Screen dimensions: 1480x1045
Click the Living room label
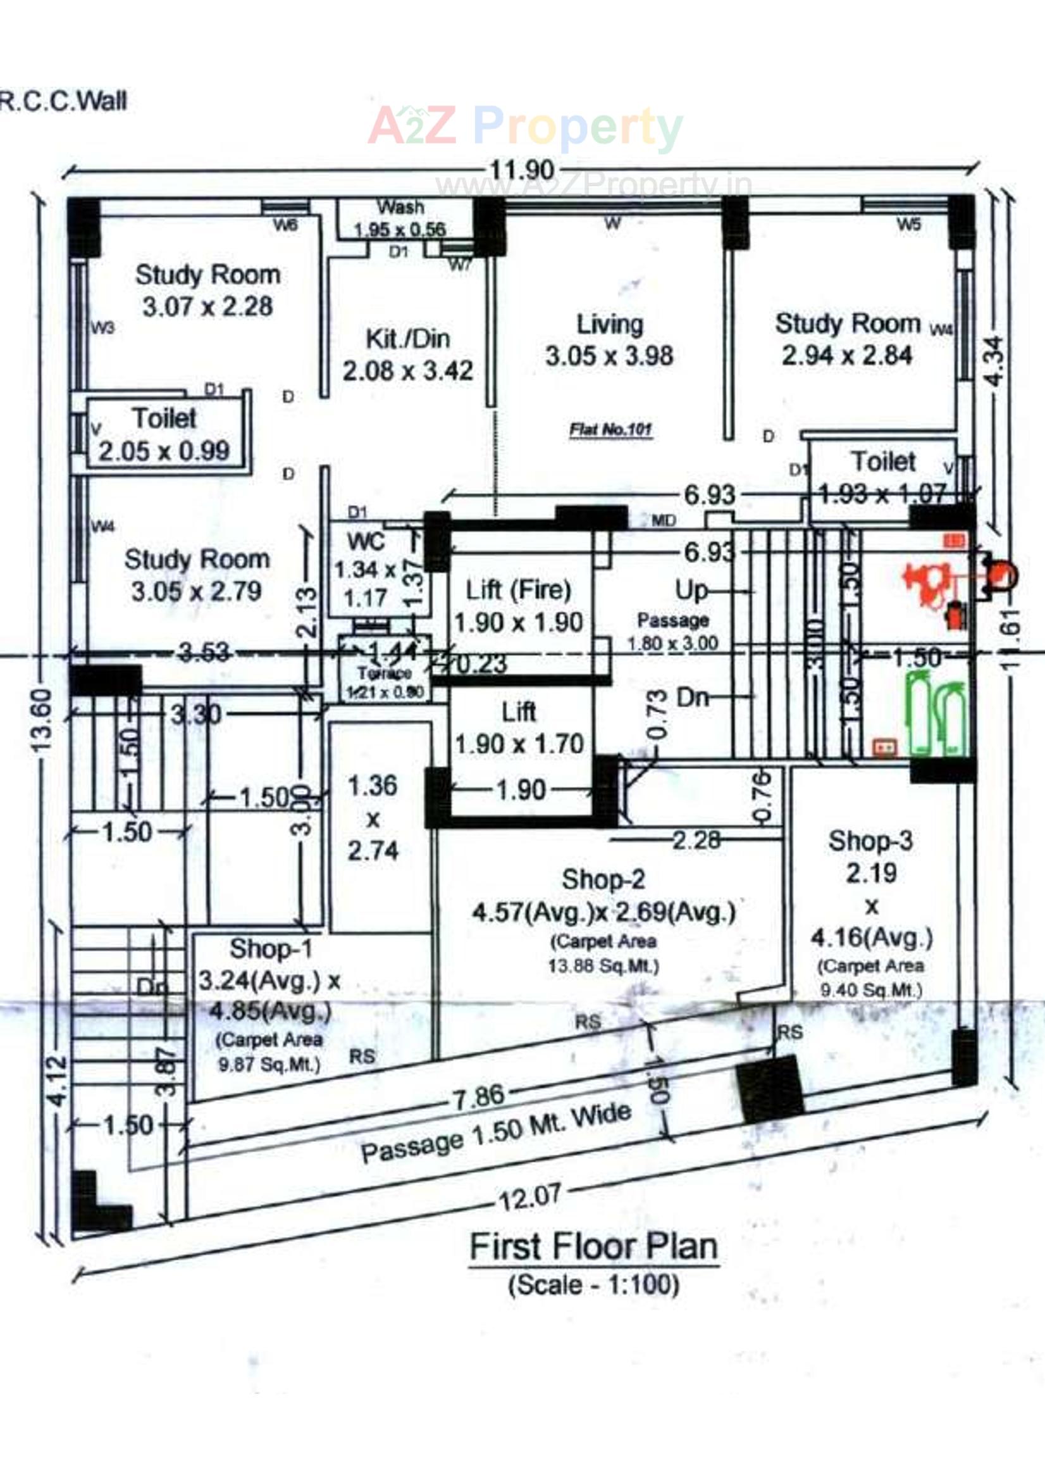tap(609, 324)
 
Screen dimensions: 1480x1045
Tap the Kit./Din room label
tap(407, 339)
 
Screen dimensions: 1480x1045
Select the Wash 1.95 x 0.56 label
tap(400, 218)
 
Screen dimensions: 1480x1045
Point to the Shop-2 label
tap(603, 879)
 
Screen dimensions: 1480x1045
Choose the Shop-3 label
tap(870, 841)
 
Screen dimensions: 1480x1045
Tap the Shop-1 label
tap(271, 949)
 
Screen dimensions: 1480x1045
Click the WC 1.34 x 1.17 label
tap(365, 570)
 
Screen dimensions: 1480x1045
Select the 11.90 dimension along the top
tap(522, 170)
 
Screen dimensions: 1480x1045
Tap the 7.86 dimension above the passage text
tap(479, 1098)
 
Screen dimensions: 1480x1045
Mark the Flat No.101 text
tap(610, 429)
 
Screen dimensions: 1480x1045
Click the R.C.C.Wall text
tap(63, 101)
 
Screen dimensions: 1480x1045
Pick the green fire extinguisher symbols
tap(936, 712)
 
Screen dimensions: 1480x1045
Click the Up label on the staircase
tap(691, 590)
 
